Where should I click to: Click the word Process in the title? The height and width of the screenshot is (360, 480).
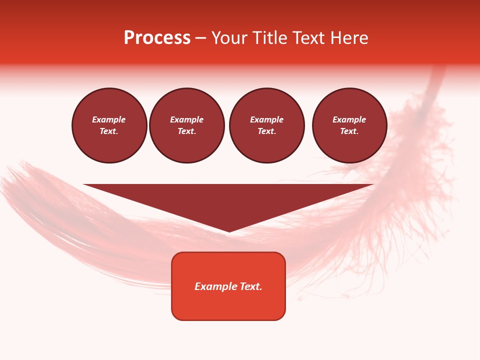(157, 38)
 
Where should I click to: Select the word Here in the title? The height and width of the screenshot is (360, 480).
(350, 38)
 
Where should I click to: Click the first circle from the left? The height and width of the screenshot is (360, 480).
(109, 125)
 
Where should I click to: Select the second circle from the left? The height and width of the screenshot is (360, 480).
(187, 125)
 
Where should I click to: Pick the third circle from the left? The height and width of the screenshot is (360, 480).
(267, 125)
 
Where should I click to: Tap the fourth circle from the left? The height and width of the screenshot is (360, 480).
(349, 125)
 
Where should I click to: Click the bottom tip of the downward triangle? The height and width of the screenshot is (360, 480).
(229, 231)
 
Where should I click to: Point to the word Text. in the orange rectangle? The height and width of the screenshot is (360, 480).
(251, 286)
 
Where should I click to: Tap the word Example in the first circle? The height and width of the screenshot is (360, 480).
(109, 119)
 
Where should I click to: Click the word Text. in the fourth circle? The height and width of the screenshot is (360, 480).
(349, 131)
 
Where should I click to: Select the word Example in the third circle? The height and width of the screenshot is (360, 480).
(267, 119)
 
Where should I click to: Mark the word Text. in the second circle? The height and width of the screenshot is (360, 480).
(187, 131)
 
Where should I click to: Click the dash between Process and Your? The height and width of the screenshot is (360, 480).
(201, 38)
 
